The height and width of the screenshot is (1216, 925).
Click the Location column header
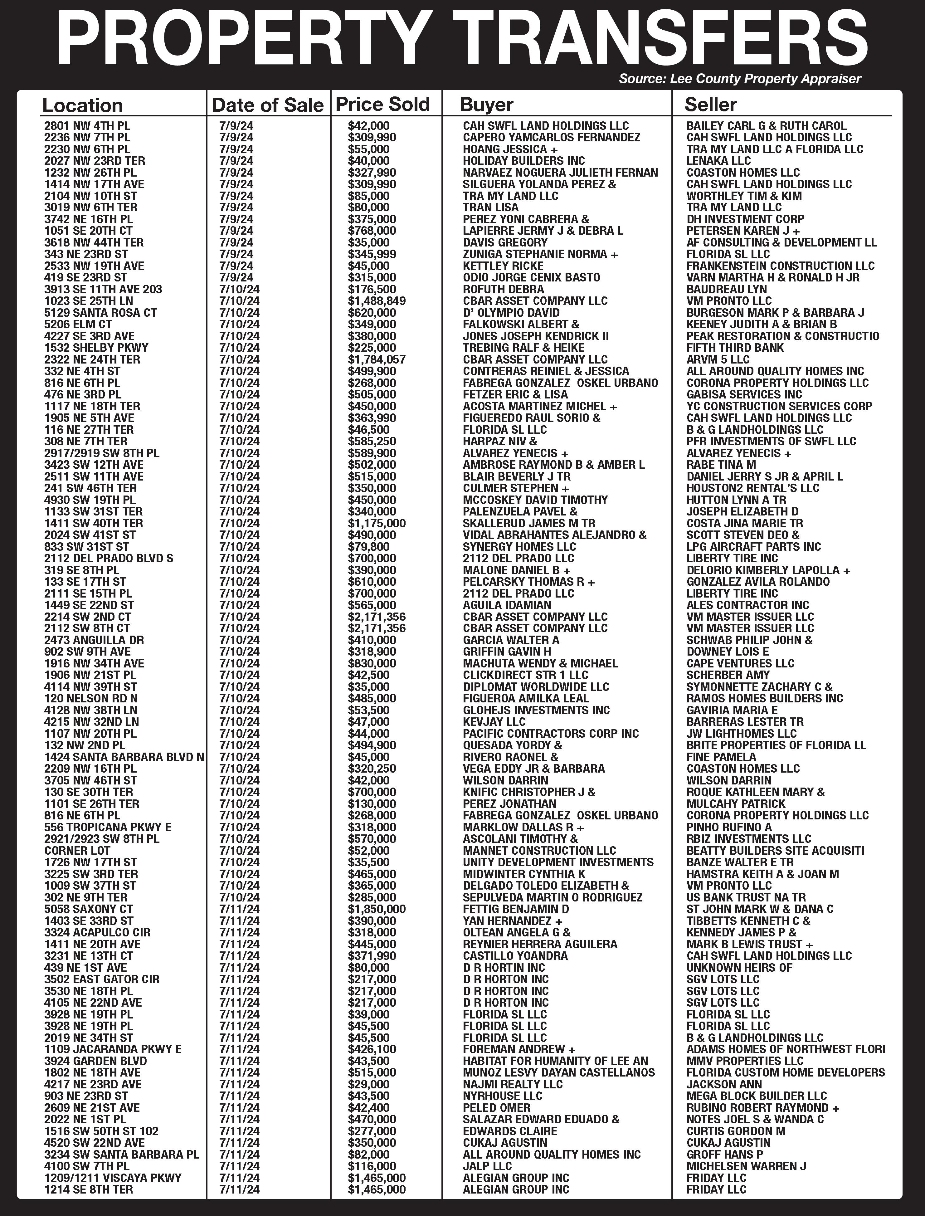click(83, 105)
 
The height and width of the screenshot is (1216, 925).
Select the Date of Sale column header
click(268, 105)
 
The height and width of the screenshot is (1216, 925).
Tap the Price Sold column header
click(383, 104)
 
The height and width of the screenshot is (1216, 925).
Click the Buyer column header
click(486, 105)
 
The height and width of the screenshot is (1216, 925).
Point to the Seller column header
click(711, 104)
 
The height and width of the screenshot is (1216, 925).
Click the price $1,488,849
click(377, 301)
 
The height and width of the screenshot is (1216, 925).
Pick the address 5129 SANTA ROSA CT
click(100, 312)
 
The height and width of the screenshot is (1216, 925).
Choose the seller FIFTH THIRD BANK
click(735, 348)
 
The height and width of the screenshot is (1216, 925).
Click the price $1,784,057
click(377, 359)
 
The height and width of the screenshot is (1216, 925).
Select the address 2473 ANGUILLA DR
click(94, 640)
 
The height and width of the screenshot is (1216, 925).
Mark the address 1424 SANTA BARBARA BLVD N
click(124, 757)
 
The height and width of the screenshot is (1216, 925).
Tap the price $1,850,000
click(377, 909)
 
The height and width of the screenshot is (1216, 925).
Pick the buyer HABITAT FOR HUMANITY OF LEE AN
click(555, 1061)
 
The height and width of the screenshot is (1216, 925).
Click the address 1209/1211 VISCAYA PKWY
click(112, 1177)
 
